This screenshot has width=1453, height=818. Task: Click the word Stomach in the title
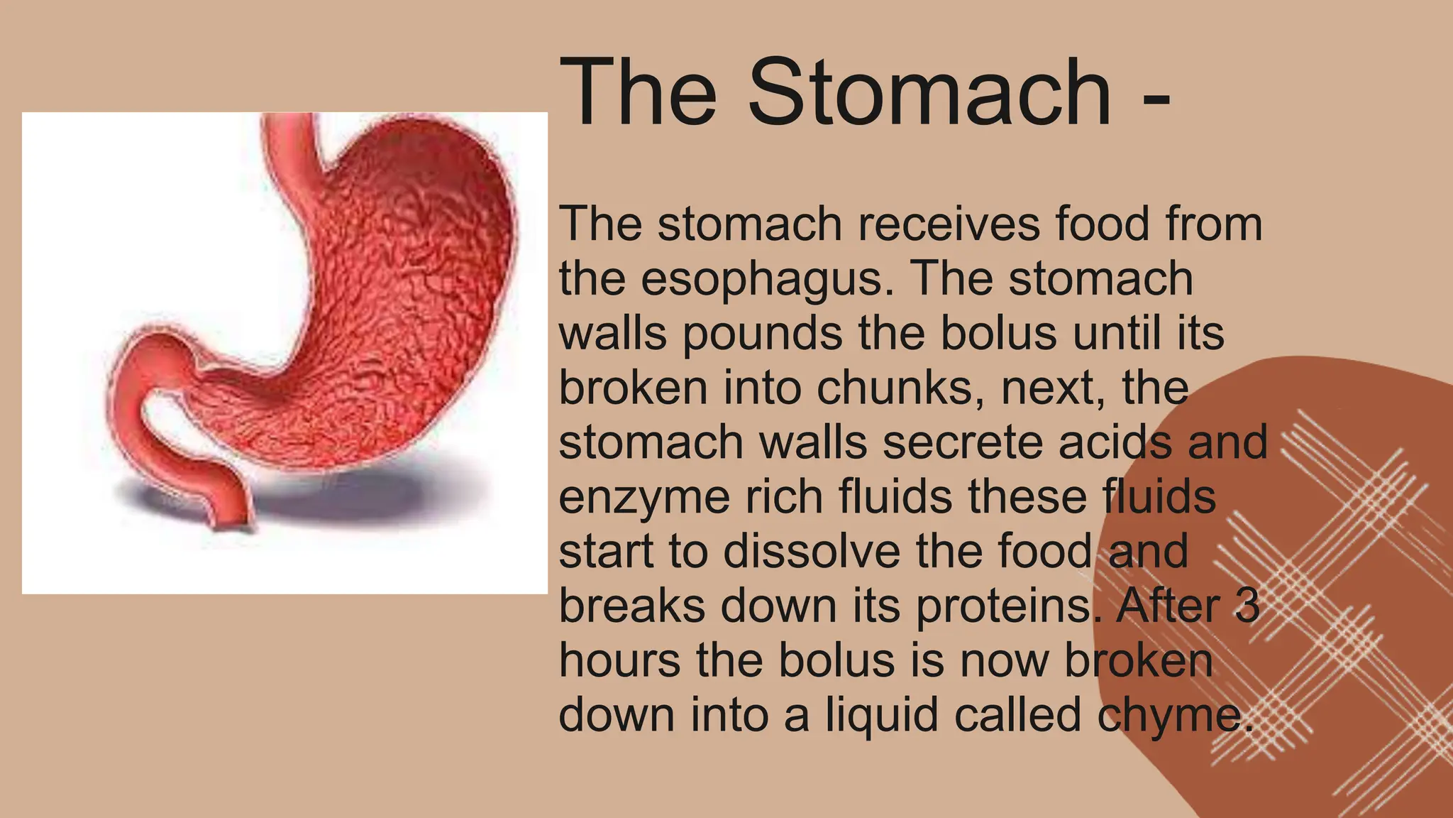point(929,92)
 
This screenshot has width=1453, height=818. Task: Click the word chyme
point(1171,716)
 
